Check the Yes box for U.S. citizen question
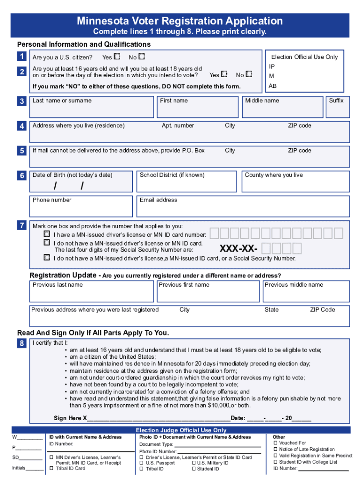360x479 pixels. pyautogui.click(x=117, y=57)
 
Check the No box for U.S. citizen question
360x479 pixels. pyautogui.click(x=142, y=57)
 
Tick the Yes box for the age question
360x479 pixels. pyautogui.click(x=224, y=74)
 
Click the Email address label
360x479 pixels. pyautogui.click(x=158, y=200)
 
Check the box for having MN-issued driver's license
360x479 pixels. pyautogui.click(x=47, y=233)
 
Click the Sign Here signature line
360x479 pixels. pyautogui.click(x=159, y=418)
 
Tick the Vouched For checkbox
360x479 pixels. pyautogui.click(x=275, y=443)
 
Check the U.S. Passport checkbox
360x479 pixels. pyautogui.click(x=142, y=463)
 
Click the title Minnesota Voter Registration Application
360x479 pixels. pyautogui.click(x=180, y=21)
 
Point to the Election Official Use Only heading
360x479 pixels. pyautogui.click(x=304, y=57)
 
